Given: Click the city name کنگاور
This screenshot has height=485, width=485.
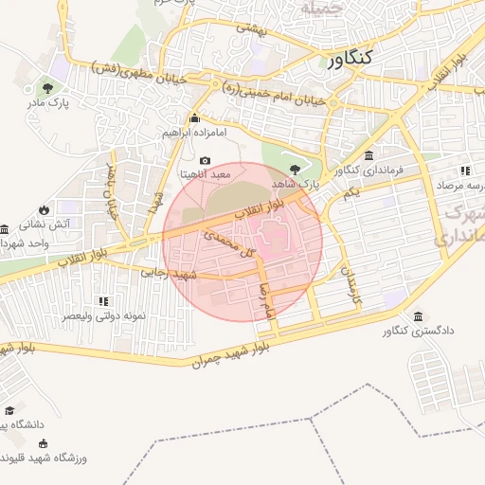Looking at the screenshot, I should click(350, 60).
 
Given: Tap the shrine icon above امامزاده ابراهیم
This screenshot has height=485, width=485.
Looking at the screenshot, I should click(194, 118).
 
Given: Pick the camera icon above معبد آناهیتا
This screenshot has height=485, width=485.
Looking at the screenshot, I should click(206, 161).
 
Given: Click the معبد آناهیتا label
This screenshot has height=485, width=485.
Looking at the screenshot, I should click(205, 175).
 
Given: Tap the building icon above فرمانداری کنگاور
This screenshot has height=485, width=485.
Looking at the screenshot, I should click(368, 155).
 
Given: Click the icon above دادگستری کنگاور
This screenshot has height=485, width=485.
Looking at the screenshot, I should click(419, 315).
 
